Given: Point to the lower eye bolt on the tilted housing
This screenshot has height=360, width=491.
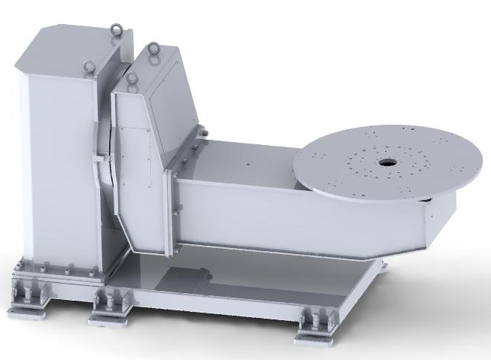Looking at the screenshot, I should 132,77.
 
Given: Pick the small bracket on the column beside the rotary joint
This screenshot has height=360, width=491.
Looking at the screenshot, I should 98,159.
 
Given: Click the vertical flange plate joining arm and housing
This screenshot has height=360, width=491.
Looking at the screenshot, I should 172,203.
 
